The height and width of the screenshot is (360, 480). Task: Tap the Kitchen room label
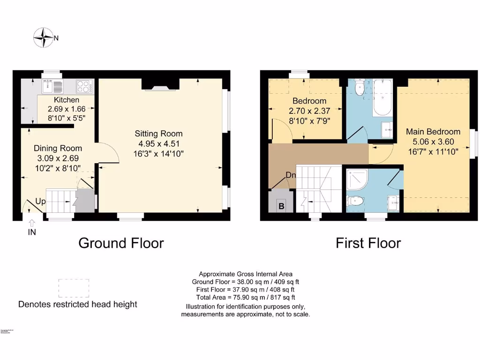coord(67,100)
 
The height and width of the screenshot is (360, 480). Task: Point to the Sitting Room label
coord(158,134)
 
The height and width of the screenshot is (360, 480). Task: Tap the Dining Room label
coord(59,149)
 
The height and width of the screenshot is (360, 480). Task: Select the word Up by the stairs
coord(41,202)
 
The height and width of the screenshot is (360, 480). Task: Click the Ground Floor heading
coord(121,243)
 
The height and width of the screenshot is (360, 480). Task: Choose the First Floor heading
coord(368,243)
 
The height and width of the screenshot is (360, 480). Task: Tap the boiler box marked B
coord(281,205)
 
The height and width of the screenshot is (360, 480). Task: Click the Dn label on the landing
coord(291,175)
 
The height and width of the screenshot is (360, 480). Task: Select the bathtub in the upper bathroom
coord(382,99)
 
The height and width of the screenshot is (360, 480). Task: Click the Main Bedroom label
coord(433,132)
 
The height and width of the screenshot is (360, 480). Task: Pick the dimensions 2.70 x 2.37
coord(309,111)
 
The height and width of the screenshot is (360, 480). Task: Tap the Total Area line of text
coord(245,297)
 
